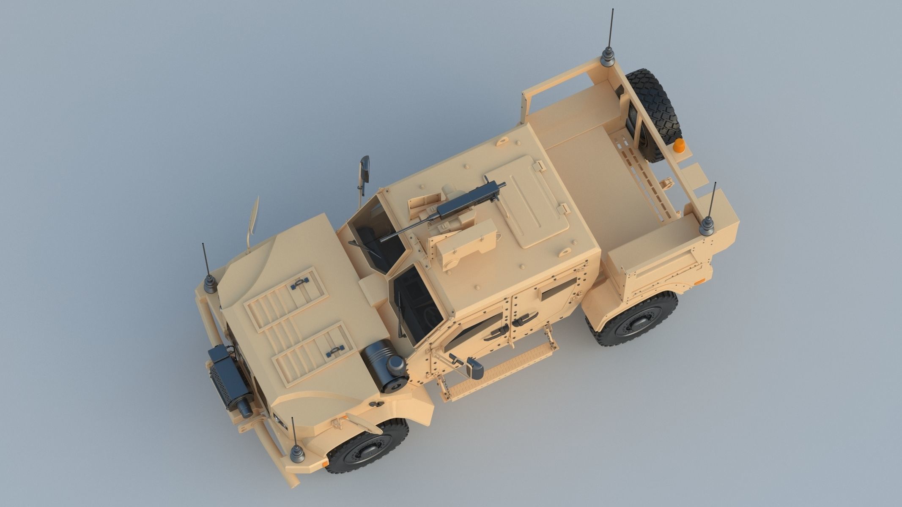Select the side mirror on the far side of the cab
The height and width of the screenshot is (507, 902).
point(364,169)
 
